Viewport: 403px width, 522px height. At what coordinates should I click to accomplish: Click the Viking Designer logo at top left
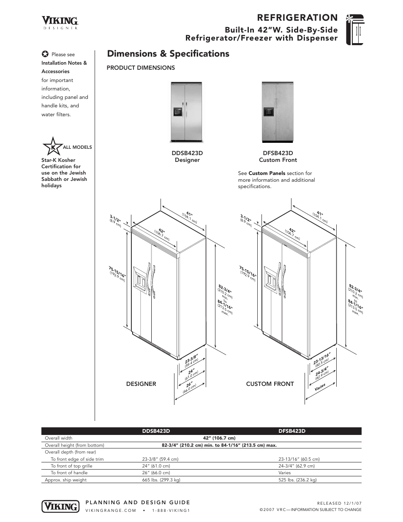[60, 22]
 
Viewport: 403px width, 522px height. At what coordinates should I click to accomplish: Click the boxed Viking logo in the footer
[60, 506]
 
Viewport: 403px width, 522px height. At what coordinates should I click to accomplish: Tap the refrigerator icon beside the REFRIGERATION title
[354, 29]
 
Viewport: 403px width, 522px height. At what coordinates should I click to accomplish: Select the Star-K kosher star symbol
[52, 147]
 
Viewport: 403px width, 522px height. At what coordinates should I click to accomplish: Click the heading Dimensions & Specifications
[168, 54]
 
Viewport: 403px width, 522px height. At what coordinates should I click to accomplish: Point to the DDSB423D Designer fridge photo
[187, 112]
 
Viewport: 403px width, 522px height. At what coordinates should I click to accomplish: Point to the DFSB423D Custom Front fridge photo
[278, 112]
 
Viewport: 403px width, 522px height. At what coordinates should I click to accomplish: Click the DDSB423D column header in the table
[156, 431]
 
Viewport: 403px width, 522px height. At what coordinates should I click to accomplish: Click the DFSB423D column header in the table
[292, 431]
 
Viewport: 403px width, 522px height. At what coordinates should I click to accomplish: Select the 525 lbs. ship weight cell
[297, 480]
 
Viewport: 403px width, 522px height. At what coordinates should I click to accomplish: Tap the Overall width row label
[59, 438]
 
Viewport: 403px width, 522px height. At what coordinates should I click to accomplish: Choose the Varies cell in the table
[285, 473]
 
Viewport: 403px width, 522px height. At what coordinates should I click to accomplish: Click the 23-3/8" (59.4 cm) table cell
[161, 459]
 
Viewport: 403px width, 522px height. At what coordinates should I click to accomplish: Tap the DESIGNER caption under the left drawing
[141, 384]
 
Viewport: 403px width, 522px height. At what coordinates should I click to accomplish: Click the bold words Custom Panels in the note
[267, 173]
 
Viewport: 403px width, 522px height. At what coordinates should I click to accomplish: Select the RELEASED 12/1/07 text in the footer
[339, 503]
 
